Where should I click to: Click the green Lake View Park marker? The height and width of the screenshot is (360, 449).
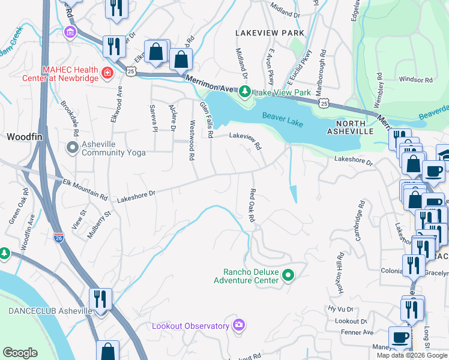click(x=244, y=92)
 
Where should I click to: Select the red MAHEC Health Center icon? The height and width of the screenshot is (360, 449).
click(x=107, y=73)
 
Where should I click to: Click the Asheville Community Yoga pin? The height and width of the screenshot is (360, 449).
click(x=73, y=147)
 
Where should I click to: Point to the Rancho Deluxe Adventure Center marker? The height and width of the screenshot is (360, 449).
click(x=288, y=275)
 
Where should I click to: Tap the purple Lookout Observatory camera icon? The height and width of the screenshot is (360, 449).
click(x=240, y=325)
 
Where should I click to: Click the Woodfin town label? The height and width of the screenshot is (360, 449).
click(x=24, y=137)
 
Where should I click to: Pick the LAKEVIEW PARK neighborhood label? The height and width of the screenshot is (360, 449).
click(x=270, y=32)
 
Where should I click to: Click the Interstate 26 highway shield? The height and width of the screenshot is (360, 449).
click(x=58, y=238)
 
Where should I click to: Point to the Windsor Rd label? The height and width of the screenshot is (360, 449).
click(x=415, y=79)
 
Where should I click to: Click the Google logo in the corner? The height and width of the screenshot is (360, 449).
click(x=20, y=352)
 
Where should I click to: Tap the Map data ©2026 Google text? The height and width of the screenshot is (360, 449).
click(x=411, y=355)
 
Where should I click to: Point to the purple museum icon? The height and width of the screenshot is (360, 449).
click(x=70, y=32)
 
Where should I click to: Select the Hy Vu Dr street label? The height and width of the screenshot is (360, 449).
click(x=339, y=308)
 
